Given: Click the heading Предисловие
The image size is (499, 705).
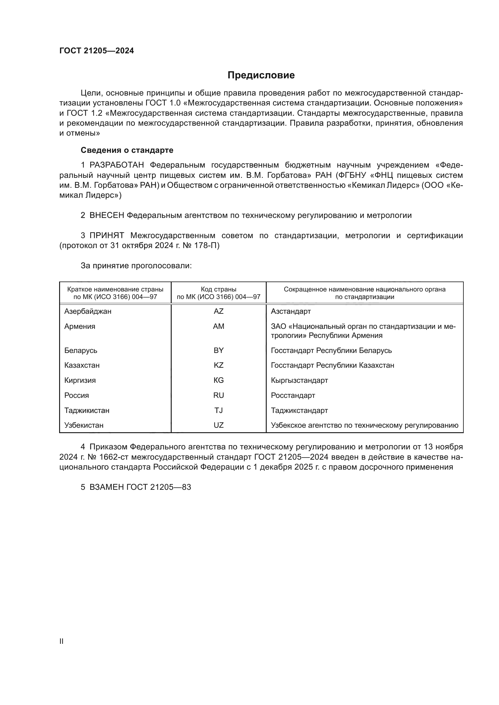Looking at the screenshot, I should click(x=261, y=75).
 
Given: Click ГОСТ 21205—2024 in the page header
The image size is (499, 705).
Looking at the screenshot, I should click(x=97, y=51).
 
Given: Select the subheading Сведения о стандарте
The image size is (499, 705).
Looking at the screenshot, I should click(x=127, y=150).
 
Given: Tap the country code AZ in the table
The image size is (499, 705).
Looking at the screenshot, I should click(x=218, y=311).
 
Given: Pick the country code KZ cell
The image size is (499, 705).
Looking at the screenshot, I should click(x=218, y=365).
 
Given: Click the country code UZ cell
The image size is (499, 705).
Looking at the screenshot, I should click(x=218, y=425).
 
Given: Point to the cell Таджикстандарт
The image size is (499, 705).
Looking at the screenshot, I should click(x=299, y=411).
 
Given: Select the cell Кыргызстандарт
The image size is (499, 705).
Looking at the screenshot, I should click(x=299, y=380).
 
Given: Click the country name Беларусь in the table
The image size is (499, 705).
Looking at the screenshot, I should click(x=81, y=350).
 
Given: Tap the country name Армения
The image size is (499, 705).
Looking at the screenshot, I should click(x=80, y=326).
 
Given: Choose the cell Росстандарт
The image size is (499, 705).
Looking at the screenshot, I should click(x=293, y=395).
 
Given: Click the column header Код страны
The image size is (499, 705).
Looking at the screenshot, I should click(x=218, y=289).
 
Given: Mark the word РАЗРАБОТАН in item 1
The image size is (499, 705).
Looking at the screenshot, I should click(x=116, y=165).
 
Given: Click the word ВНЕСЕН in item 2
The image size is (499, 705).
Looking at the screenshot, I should click(x=106, y=216).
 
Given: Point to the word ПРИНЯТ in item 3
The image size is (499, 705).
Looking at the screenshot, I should click(x=106, y=235).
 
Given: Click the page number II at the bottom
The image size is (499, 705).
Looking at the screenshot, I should click(x=62, y=641).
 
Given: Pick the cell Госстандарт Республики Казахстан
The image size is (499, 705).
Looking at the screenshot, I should click(x=332, y=365).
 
